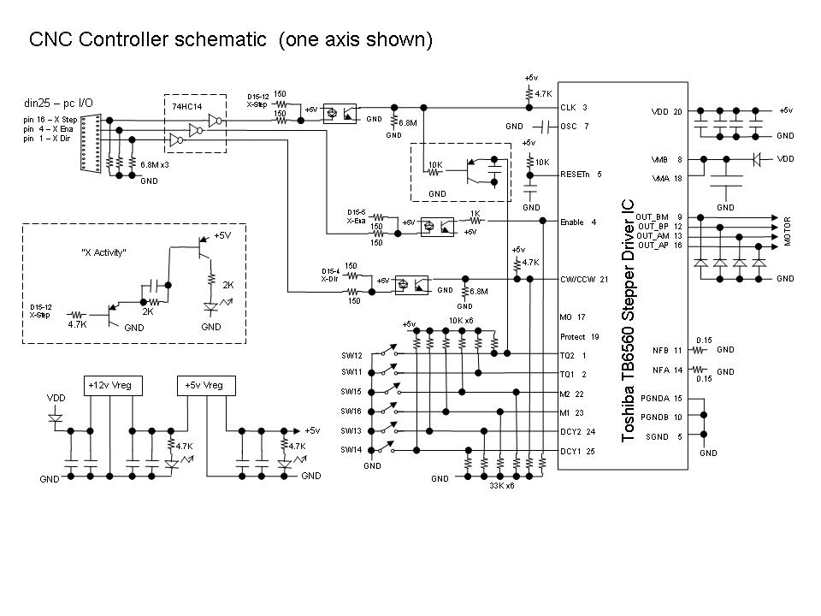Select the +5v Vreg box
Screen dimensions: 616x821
204,386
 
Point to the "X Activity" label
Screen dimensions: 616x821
103,252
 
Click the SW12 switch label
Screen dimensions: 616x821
351,355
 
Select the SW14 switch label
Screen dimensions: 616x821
351,449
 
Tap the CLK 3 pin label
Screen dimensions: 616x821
573,108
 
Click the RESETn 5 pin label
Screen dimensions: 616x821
581,175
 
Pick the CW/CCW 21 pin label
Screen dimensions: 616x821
584,279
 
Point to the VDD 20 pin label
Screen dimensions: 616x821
667,111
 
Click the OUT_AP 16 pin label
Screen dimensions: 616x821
659,246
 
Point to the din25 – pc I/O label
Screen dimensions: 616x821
59,104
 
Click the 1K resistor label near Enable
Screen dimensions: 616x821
475,213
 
